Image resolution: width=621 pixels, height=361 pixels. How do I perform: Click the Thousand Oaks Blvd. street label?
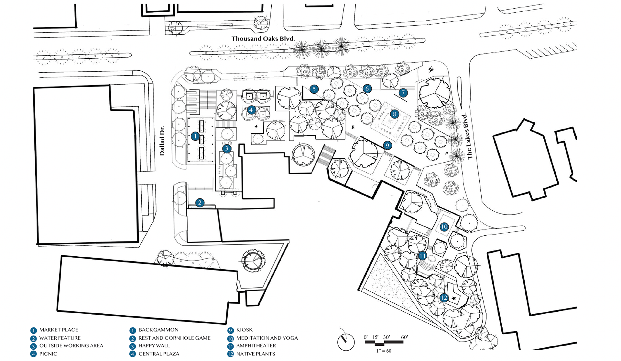(263, 39)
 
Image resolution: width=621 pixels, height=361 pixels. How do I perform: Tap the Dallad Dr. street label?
(162, 141)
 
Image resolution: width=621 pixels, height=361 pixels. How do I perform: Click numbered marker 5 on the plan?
(314, 89)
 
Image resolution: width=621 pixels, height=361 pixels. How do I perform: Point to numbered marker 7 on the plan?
(403, 93)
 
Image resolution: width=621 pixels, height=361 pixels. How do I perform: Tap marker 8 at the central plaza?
(394, 114)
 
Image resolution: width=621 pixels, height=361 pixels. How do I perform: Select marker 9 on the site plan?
(387, 146)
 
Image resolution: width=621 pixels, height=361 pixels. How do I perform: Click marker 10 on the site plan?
(444, 227)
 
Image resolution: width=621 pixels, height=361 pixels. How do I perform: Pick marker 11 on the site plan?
(422, 256)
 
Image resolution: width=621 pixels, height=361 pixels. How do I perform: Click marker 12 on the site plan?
(444, 297)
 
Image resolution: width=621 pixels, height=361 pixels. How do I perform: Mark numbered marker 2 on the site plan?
(200, 203)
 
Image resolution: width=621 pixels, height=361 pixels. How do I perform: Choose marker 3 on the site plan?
(226, 149)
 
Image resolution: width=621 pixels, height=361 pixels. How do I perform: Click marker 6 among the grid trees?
(367, 88)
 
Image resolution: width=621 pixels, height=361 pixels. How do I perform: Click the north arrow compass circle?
(346, 342)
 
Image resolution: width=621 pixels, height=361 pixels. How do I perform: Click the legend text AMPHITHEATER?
(256, 346)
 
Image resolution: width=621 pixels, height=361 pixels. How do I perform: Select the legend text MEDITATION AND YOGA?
(267, 338)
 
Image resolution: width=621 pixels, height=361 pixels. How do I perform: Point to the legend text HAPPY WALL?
(154, 346)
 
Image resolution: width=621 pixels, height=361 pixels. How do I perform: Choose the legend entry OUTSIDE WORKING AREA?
(71, 346)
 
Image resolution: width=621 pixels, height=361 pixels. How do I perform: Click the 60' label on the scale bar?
(404, 337)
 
